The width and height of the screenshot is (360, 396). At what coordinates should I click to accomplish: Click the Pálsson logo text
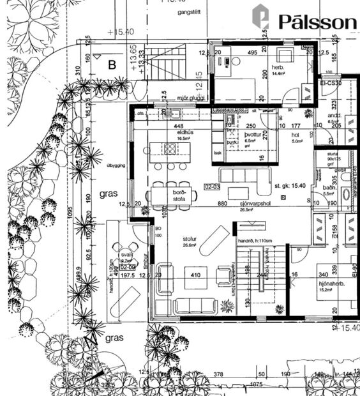tap(317, 21)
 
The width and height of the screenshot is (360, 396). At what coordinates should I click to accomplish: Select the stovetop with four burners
tap(170, 148)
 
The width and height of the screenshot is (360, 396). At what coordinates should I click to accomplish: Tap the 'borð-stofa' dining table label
tap(179, 195)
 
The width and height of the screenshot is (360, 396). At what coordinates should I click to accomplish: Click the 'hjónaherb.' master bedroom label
tap(330, 284)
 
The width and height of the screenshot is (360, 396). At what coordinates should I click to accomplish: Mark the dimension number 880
tap(222, 203)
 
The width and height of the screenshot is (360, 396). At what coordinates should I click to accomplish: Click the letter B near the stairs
tap(112, 64)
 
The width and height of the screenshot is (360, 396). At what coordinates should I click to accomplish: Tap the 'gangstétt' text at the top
tap(175, 13)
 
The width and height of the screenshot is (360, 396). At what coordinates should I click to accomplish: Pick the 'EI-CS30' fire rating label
tap(331, 83)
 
